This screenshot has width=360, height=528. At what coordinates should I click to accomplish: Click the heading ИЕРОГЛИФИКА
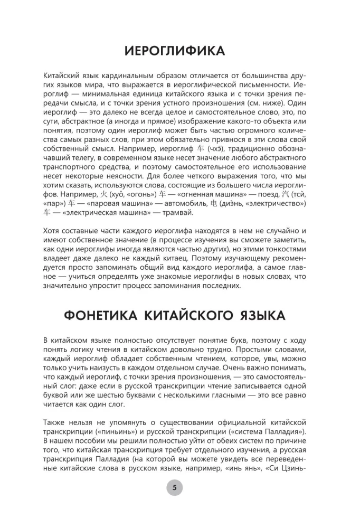click(174, 51)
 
